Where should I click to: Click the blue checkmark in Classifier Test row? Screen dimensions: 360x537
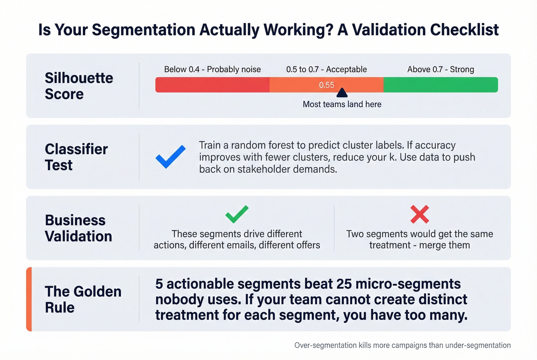click(x=170, y=157)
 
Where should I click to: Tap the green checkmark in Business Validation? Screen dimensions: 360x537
click(x=237, y=214)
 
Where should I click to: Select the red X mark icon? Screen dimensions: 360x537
click(x=420, y=214)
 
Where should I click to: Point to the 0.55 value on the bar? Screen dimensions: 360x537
click(x=326, y=85)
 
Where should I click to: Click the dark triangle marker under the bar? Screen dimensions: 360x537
click(x=342, y=93)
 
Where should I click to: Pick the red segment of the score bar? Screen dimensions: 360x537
click(x=212, y=85)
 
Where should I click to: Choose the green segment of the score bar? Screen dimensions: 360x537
click(x=440, y=85)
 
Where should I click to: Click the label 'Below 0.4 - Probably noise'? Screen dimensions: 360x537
click(x=212, y=69)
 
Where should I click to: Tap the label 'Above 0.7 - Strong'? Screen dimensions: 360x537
click(x=440, y=69)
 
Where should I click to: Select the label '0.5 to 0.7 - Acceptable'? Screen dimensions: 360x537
click(x=326, y=69)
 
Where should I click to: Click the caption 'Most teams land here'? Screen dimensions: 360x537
click(x=342, y=104)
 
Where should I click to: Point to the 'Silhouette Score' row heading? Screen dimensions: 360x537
click(x=79, y=86)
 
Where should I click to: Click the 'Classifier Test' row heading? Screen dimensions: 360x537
click(x=76, y=157)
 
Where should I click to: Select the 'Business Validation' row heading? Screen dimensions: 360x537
click(x=78, y=228)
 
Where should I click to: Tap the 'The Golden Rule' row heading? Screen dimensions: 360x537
click(x=83, y=299)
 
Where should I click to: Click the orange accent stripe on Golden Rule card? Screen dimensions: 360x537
click(x=29, y=299)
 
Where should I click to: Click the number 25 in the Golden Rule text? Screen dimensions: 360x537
click(x=344, y=284)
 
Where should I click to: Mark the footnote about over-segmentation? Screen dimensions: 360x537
click(x=402, y=345)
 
